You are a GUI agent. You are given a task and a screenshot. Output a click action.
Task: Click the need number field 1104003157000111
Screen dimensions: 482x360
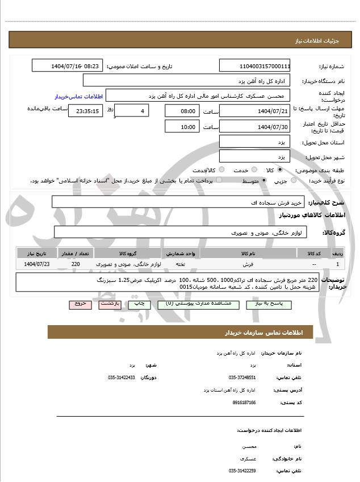pos(255,66)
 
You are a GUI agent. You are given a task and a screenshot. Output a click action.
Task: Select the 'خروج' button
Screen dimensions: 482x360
pos(80,305)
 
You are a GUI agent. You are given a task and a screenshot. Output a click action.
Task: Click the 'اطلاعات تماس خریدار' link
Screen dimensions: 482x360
pos(70,97)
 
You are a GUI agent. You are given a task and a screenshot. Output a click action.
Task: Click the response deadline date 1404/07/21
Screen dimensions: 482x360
pos(255,111)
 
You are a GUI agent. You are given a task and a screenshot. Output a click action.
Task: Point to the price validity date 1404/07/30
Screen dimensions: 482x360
pos(255,127)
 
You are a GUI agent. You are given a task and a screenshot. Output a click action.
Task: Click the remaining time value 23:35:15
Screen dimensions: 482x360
pos(86,111)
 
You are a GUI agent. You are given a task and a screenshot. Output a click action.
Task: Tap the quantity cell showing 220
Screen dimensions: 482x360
pos(76,264)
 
